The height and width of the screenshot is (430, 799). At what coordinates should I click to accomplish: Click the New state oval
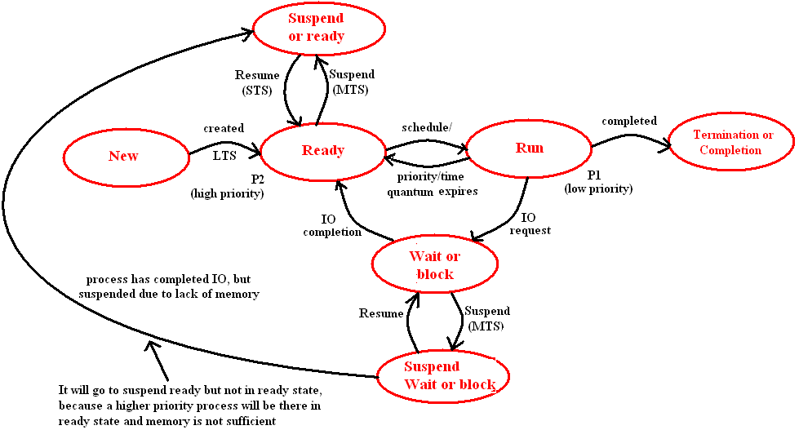coord(124,156)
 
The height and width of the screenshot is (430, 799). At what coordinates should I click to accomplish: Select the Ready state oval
coord(323,151)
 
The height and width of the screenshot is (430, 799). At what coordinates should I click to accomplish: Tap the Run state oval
coord(529,149)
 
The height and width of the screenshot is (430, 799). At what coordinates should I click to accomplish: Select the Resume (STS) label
coord(257,82)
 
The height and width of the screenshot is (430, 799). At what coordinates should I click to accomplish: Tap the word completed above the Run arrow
coord(629,122)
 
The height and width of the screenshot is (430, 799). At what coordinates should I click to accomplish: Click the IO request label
coord(530,224)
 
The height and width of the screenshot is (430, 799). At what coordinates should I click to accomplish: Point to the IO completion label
coord(332,225)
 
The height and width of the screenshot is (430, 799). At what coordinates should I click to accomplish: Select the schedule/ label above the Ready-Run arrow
coord(426,128)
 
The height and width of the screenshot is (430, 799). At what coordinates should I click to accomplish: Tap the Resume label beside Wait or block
coord(381,313)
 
